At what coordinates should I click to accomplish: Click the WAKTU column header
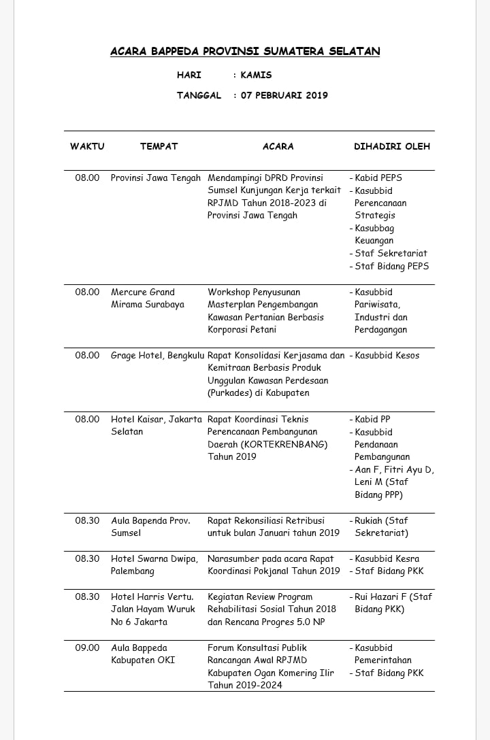(87, 146)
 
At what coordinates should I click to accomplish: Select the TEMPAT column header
(159, 146)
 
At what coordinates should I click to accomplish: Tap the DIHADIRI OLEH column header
(392, 146)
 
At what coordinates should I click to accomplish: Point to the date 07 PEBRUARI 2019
(284, 95)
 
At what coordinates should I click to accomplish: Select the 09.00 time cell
(87, 647)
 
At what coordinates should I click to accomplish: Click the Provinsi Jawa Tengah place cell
(156, 178)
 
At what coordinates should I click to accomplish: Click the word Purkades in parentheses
(230, 393)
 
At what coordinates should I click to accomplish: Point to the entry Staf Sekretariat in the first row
(391, 253)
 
